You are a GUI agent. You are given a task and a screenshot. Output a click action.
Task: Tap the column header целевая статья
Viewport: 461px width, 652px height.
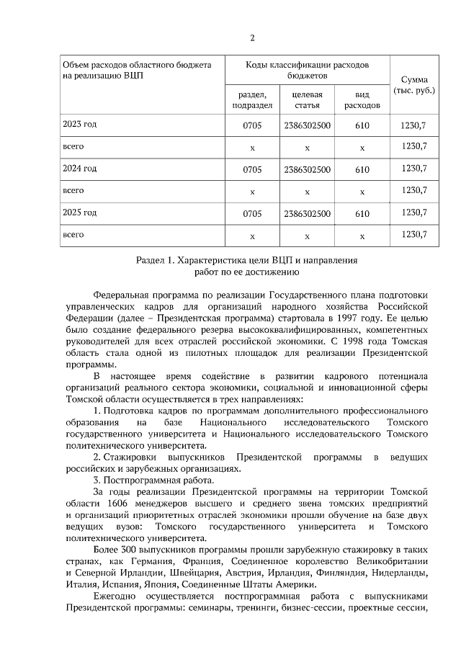point(307,99)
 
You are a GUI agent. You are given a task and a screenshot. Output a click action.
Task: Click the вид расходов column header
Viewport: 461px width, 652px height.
point(362,99)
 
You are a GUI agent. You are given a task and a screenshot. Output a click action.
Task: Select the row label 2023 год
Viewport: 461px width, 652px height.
point(79,125)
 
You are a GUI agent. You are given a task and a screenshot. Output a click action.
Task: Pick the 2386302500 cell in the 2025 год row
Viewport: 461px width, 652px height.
point(307,213)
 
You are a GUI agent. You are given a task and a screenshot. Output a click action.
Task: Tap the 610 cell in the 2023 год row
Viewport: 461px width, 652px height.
point(362,125)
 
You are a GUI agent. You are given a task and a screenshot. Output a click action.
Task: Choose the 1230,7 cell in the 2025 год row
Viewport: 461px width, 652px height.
point(413,213)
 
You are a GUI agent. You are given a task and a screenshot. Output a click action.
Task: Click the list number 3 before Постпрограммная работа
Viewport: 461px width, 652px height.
point(96,480)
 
